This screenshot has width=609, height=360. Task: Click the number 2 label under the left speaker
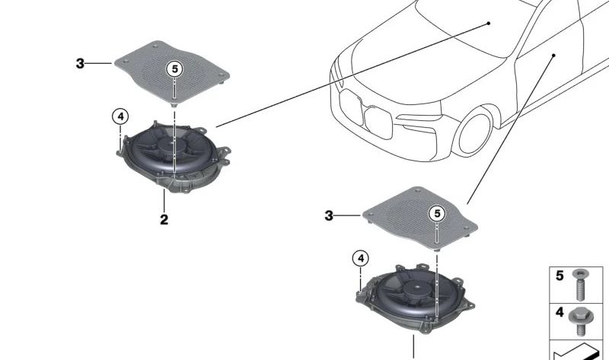(x=164, y=220)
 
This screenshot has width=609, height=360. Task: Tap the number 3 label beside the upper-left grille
(x=80, y=64)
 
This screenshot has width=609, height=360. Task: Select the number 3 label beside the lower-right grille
(x=329, y=216)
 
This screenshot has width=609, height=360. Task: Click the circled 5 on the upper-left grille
(x=174, y=69)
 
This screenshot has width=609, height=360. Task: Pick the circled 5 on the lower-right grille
(x=437, y=214)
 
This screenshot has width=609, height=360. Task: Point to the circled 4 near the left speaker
(x=120, y=116)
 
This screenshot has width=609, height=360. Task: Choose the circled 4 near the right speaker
(x=361, y=259)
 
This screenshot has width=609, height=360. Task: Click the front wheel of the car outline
(x=478, y=131)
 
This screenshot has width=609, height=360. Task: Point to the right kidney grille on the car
(x=378, y=119)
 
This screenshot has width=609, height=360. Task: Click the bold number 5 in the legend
(x=560, y=276)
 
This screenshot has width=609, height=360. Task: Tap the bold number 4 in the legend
(x=560, y=313)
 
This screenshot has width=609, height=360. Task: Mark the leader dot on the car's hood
(x=489, y=24)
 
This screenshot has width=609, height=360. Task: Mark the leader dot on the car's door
(x=554, y=55)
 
